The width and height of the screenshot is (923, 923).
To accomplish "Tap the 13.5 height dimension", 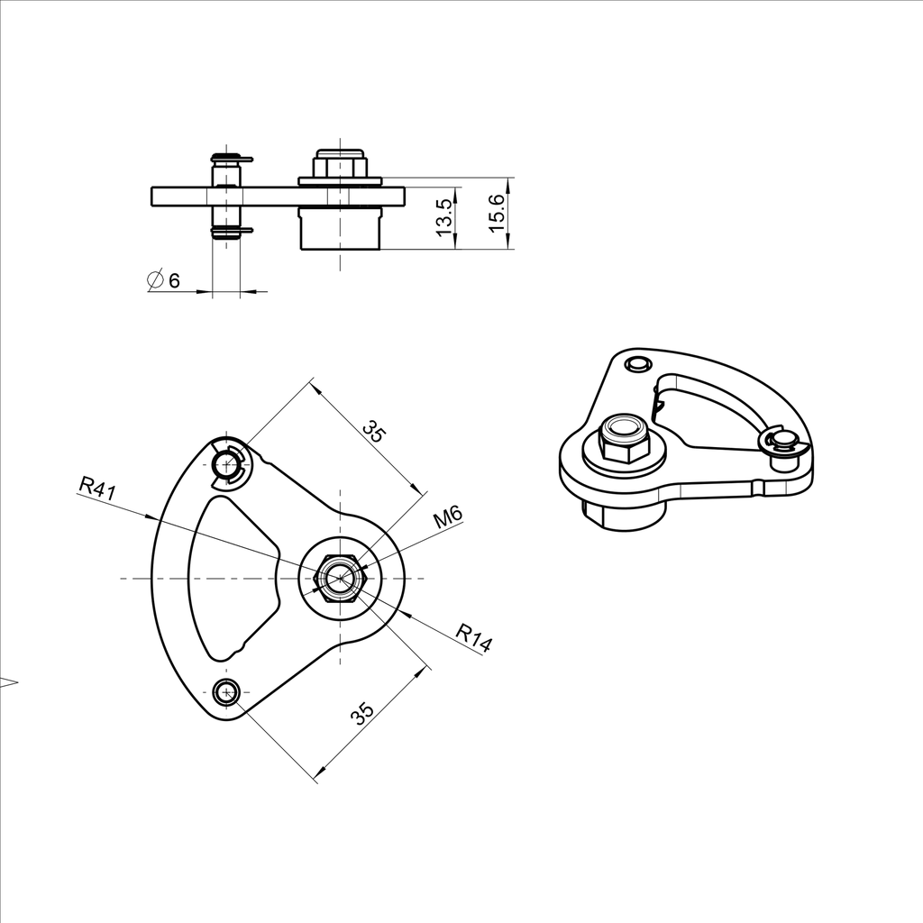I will (443, 218).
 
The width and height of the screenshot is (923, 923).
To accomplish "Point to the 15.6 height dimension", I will (497, 213).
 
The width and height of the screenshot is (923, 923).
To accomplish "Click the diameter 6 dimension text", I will (163, 280).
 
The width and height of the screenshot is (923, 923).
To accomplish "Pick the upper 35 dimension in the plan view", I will (373, 430).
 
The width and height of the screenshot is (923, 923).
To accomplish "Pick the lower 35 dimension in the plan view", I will (362, 713).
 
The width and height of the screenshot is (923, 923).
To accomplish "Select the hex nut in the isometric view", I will (624, 437).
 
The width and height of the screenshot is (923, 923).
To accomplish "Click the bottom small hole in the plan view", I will (225, 692).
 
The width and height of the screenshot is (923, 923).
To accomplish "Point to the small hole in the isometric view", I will (638, 363).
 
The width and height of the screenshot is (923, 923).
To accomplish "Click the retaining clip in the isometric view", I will (781, 443).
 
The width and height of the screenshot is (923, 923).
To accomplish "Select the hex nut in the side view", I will (340, 166).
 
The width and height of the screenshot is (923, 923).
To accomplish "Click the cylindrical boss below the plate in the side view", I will (340, 229).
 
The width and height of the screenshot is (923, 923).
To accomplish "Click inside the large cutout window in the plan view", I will (230, 577).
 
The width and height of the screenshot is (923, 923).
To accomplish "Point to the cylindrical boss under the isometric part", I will (626, 516).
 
